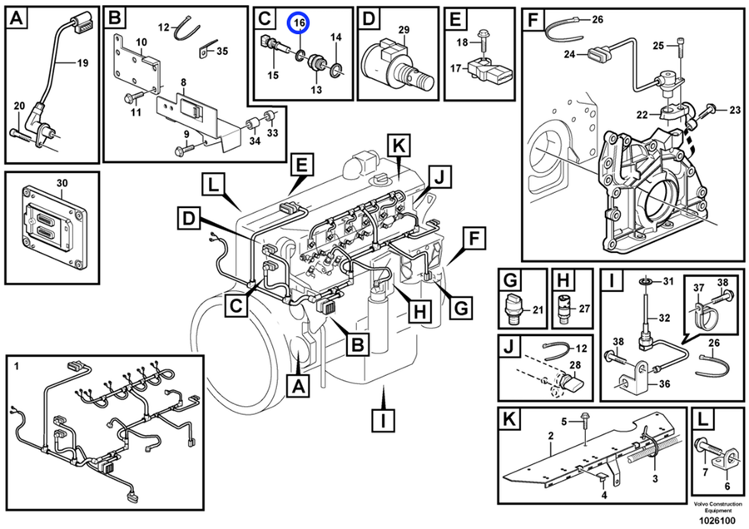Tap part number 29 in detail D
pos(404,30)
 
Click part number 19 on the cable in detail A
pos(82,62)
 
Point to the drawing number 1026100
pos(717,519)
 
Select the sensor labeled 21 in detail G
pos(516,309)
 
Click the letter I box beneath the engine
pos(382,421)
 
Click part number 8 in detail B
pos(182,82)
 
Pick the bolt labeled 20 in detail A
pos(20,106)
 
